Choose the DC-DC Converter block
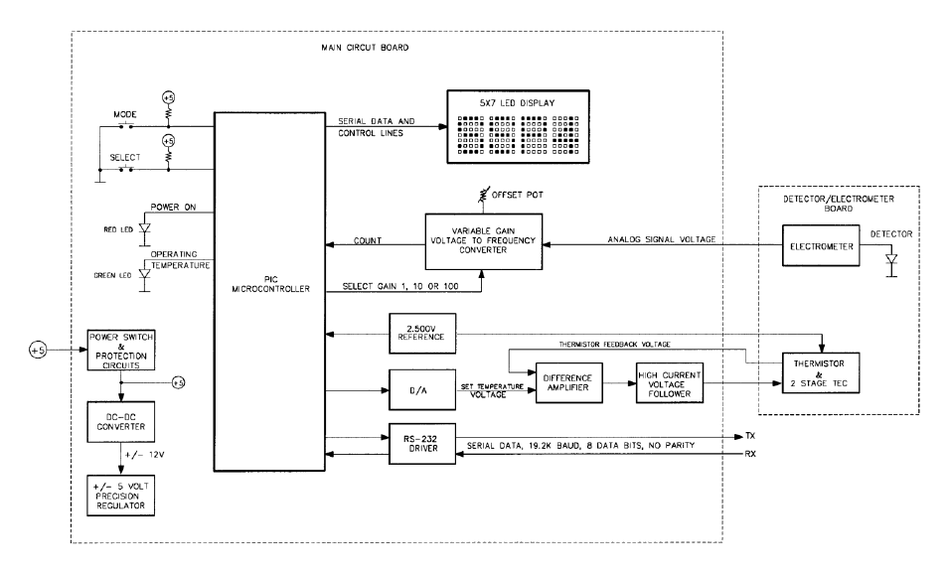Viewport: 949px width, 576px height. click(x=119, y=418)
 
